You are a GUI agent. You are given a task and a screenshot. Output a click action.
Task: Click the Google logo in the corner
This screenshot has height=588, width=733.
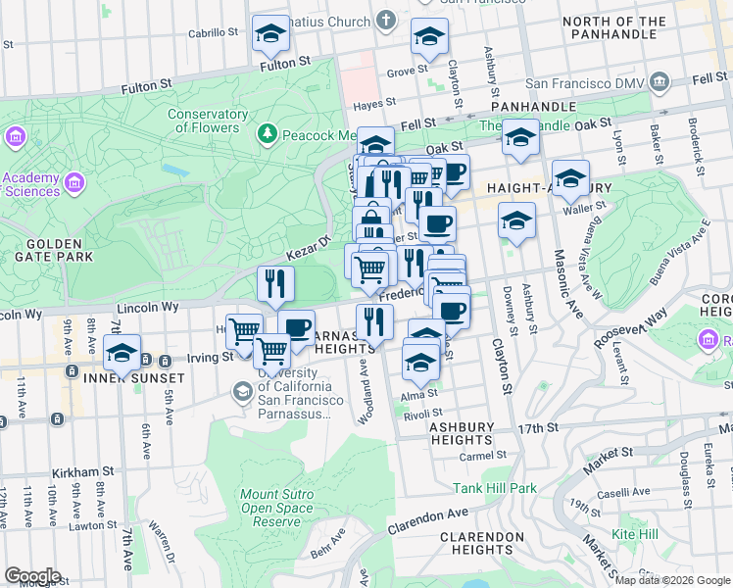[32, 576]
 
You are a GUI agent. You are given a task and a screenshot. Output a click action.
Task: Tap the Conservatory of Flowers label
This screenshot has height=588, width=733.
[207, 121]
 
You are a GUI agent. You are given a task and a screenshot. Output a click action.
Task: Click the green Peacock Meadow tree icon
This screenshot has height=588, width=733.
[266, 133]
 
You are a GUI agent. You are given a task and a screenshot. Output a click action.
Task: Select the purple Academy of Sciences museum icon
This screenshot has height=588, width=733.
[16, 137]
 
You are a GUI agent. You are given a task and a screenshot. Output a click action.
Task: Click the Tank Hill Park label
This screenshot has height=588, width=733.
[494, 487]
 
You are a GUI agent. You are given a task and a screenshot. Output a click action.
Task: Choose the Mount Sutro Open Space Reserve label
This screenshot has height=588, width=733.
[277, 508]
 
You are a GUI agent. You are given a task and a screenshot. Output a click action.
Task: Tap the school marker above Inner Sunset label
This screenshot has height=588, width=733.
[122, 353]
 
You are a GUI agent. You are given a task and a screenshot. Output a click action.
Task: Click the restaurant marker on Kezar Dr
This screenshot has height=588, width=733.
[276, 283]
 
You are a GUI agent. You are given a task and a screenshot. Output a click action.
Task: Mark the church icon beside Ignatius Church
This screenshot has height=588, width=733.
[386, 21]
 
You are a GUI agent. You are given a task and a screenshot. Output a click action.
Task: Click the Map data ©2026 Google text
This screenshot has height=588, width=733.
[672, 579]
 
